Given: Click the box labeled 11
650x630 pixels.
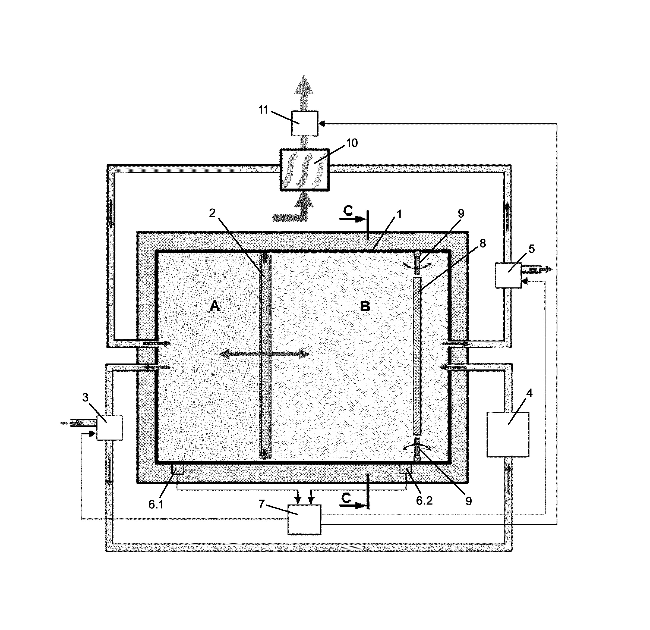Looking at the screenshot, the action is [304, 123].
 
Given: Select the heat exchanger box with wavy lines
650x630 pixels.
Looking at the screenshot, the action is [304, 170].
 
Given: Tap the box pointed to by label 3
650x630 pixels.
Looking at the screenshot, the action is [109, 428].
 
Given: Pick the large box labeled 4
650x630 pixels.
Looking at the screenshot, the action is [508, 435].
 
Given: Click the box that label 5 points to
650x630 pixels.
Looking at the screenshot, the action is [508, 275].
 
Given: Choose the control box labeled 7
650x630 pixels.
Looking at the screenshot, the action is [304, 519].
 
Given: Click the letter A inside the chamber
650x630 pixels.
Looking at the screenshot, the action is [215, 306].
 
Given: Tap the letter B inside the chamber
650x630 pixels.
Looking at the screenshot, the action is [365, 306].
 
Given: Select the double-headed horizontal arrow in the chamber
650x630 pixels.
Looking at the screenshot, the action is [264, 354].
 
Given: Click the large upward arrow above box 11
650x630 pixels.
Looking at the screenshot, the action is [304, 93].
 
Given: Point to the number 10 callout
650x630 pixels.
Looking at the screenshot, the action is [352, 143].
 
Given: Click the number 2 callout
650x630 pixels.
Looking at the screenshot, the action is [212, 213].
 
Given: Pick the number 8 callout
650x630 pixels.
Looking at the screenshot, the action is [482, 243].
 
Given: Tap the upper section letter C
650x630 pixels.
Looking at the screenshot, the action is [348, 210].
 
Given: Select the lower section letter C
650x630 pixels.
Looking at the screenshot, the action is [346, 498].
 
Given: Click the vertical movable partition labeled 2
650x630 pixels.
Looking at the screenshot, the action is [265, 356].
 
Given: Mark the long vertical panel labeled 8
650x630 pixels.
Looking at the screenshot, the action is [417, 356].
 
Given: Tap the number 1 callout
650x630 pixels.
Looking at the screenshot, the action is [399, 215].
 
